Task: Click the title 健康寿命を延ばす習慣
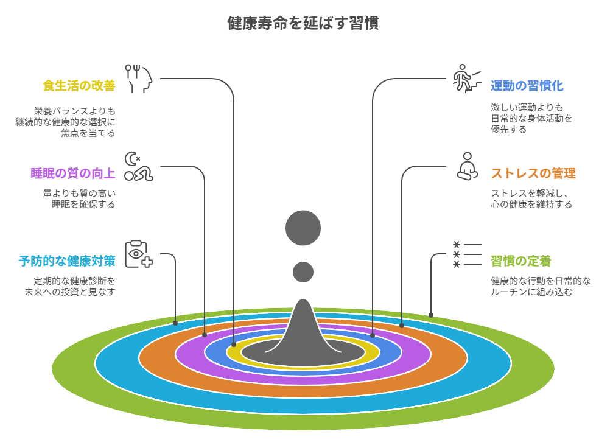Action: click(303, 24)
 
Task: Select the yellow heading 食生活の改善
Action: click(79, 86)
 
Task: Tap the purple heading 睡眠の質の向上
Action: click(73, 173)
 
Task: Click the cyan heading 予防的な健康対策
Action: click(67, 262)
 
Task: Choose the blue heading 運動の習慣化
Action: click(527, 86)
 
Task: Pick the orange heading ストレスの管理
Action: click(533, 173)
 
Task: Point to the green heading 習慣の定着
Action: click(520, 262)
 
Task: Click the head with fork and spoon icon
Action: click(138, 79)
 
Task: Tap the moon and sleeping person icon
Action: click(138, 166)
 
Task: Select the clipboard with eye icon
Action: click(138, 254)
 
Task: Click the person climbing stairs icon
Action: click(466, 79)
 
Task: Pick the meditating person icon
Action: click(466, 166)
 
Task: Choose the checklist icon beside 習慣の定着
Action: click(466, 254)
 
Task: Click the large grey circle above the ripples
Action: click(303, 228)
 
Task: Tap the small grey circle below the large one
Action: click(303, 271)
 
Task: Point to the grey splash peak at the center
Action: click(303, 323)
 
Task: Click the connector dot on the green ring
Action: click(431, 315)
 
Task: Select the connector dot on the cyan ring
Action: click(175, 323)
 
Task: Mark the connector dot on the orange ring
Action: click(402, 326)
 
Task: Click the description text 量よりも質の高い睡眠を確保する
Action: click(79, 199)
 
